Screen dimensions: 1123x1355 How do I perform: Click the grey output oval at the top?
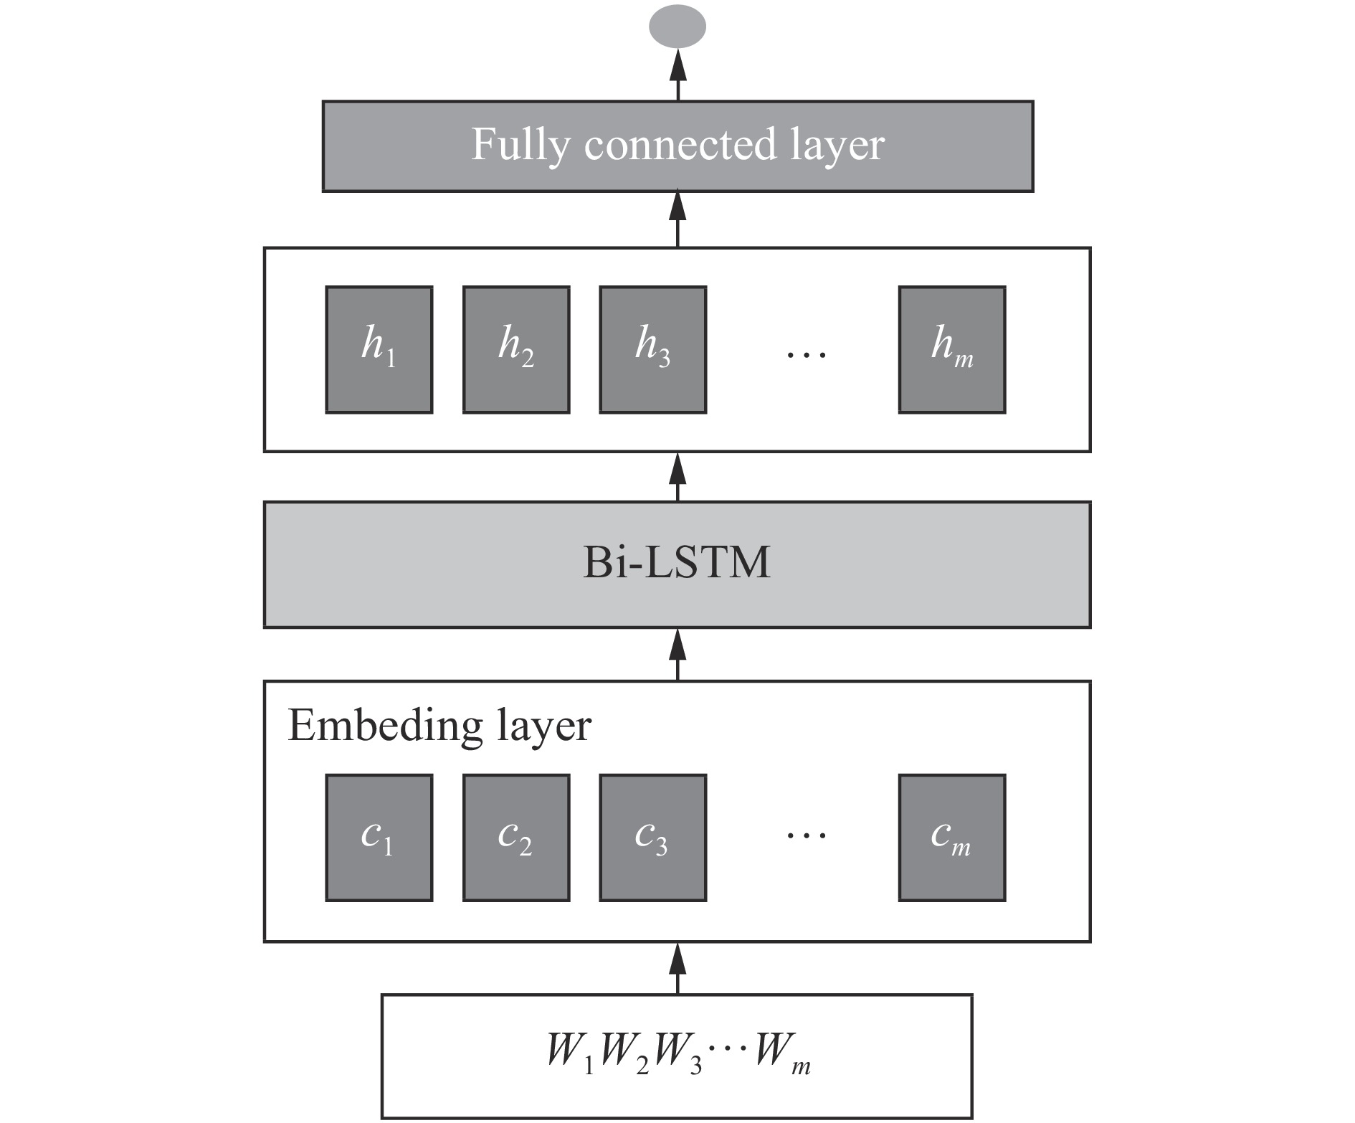(677, 27)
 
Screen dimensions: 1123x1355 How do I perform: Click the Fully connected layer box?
(677, 146)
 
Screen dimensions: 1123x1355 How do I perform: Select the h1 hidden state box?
(379, 349)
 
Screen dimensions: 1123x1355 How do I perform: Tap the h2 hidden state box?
(515, 349)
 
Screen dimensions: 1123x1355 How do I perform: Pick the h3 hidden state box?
(652, 349)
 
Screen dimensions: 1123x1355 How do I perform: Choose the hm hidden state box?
(951, 349)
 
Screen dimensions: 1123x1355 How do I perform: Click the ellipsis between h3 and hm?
(806, 354)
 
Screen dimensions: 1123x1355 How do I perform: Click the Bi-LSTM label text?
(677, 563)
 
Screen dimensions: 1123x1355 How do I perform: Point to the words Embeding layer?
(439, 726)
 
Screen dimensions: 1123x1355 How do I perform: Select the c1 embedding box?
(379, 837)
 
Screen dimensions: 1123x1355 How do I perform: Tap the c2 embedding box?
(515, 837)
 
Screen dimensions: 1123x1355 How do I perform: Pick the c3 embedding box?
(652, 837)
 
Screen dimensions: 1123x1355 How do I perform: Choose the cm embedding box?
(951, 837)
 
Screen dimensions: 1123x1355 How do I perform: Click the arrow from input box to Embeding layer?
(677, 968)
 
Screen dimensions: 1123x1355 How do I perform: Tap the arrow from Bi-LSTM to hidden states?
(677, 476)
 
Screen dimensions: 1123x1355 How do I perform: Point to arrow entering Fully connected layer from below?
(677, 219)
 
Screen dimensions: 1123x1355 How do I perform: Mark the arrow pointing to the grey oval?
(677, 75)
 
